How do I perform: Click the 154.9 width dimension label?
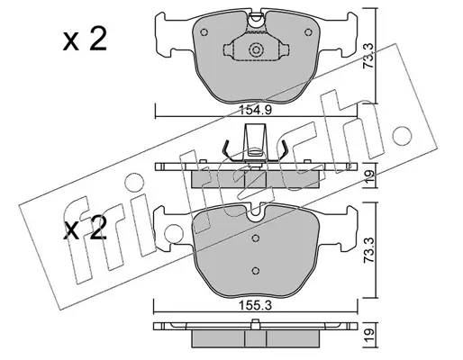(255, 111)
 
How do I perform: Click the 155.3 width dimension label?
(255, 306)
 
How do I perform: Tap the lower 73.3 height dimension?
(368, 250)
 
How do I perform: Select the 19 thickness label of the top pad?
(369, 175)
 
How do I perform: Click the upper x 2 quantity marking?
(85, 39)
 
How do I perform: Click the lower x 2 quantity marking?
(85, 228)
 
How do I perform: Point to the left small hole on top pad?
(204, 32)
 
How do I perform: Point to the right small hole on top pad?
(308, 32)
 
